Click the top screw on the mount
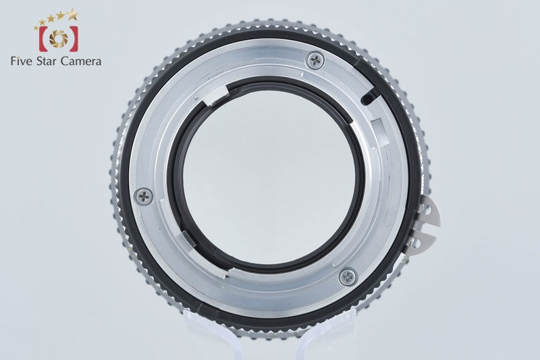point(315,61)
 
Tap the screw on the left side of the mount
point(144,197)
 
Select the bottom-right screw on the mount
point(348,277)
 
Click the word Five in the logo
point(22,61)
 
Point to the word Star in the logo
point(47,61)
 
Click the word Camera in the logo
point(81,61)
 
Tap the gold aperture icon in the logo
point(59,38)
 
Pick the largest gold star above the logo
point(73,14)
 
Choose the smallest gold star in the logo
point(36,28)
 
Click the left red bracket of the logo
point(43,38)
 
